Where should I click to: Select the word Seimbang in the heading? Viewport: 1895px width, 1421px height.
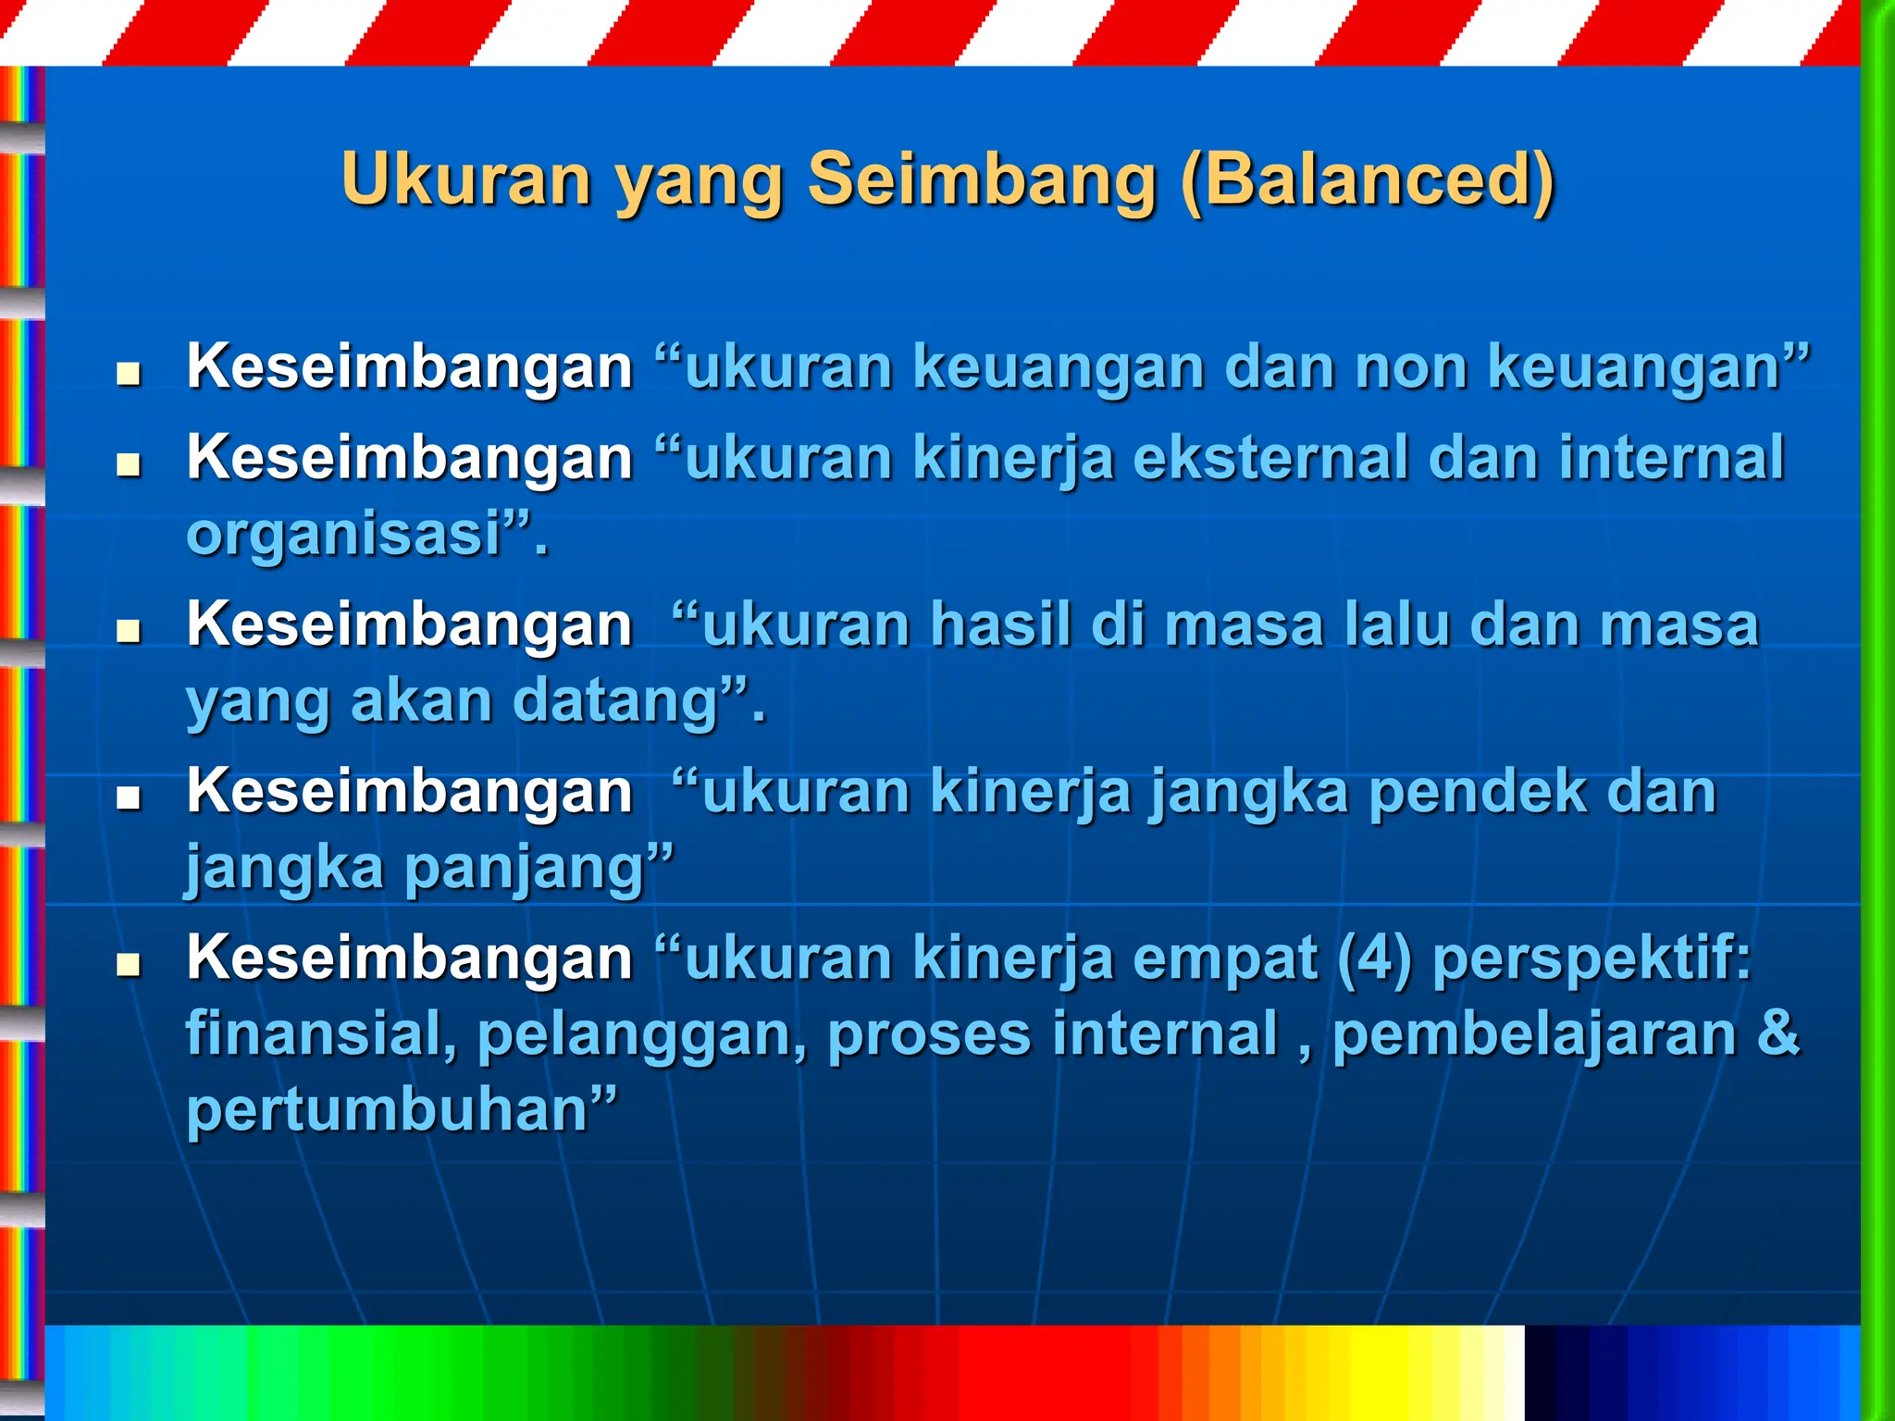[x=982, y=179]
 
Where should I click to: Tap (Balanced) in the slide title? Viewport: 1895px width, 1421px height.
[x=1368, y=179]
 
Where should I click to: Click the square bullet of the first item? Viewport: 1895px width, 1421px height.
[x=129, y=375]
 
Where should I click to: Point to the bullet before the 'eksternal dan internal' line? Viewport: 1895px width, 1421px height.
[x=129, y=464]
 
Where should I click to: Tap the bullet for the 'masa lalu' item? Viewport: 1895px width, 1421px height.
[x=129, y=632]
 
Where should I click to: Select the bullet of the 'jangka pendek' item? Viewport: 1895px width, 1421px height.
[x=129, y=798]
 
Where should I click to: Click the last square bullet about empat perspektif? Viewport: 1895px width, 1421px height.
[x=129, y=966]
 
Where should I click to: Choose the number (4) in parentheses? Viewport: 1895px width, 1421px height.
[x=1375, y=958]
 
